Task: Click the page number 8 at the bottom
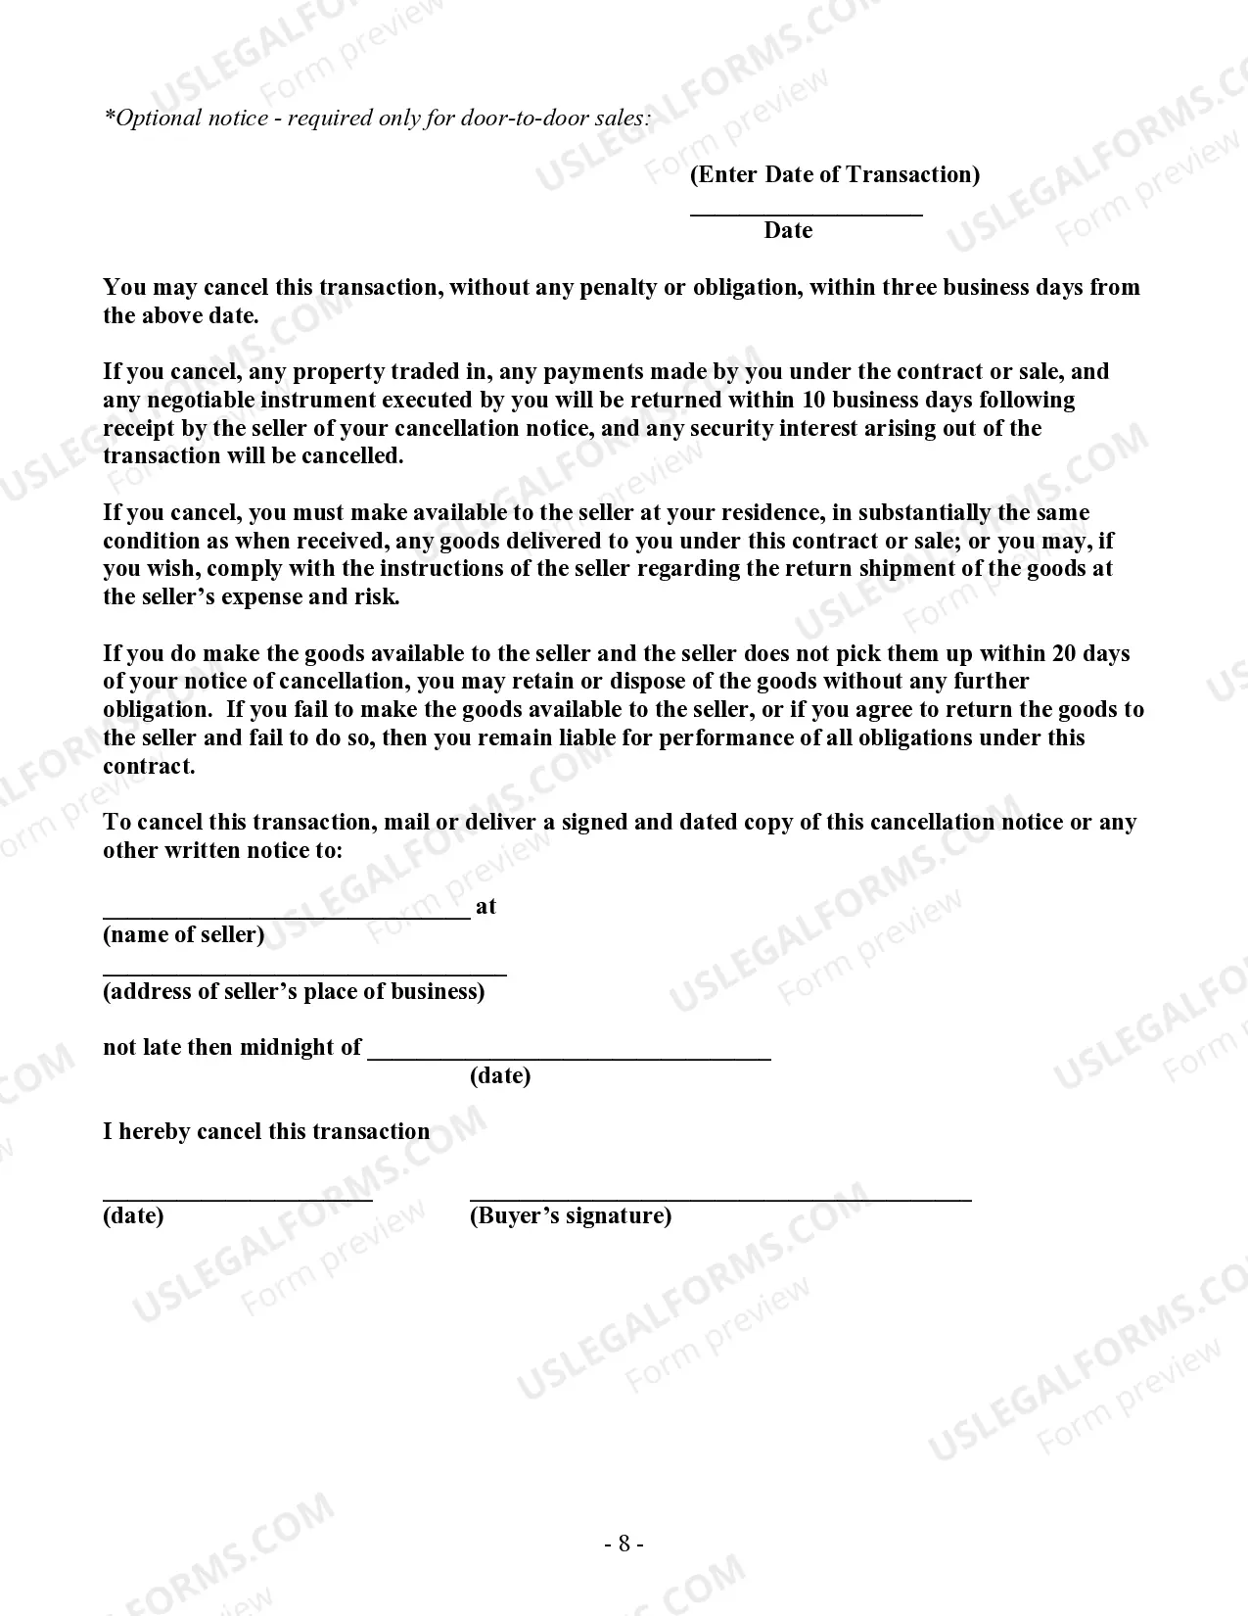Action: click(624, 1545)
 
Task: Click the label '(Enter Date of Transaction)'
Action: click(834, 175)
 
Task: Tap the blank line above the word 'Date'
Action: click(806, 212)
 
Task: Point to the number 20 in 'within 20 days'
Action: click(1064, 653)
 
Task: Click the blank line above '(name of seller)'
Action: click(286, 916)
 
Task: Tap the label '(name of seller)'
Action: click(184, 934)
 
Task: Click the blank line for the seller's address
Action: click(304, 973)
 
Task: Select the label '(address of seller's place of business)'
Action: click(294, 991)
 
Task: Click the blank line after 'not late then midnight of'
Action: click(569, 1056)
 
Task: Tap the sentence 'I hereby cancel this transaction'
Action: click(266, 1131)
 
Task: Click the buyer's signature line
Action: click(720, 1197)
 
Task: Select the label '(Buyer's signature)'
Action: click(571, 1215)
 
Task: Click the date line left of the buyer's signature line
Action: click(237, 1197)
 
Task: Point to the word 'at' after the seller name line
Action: click(485, 907)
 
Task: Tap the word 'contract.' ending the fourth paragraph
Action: click(149, 766)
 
